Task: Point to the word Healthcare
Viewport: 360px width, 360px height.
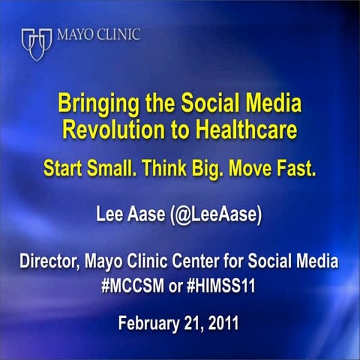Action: [x=232, y=128]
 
